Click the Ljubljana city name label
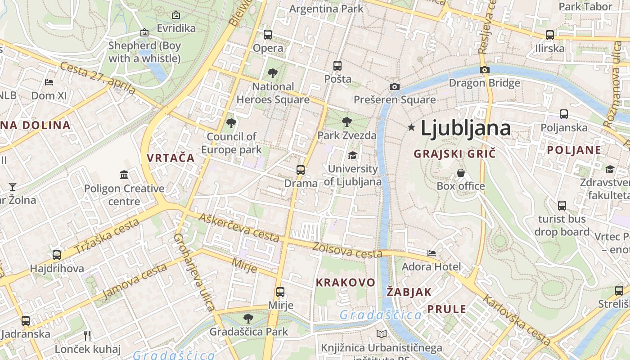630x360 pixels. (x=466, y=128)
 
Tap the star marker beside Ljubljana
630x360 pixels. (x=411, y=127)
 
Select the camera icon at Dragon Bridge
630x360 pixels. (x=485, y=70)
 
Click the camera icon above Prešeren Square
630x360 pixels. (x=394, y=86)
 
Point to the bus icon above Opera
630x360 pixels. (x=268, y=34)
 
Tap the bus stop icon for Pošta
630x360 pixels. (x=337, y=66)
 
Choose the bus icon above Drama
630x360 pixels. (x=301, y=170)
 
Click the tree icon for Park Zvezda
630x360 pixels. (x=346, y=121)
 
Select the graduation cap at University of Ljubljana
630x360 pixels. (x=352, y=155)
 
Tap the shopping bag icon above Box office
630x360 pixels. (x=461, y=173)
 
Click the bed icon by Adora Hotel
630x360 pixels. (x=432, y=253)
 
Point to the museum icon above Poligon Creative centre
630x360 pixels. (x=124, y=175)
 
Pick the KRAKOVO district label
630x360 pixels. (x=345, y=283)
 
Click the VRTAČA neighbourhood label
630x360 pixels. (x=171, y=158)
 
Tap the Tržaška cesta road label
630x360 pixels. (x=107, y=236)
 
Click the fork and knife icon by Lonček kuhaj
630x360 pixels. (x=88, y=335)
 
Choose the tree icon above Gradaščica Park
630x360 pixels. (x=248, y=319)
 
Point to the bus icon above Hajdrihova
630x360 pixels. (x=57, y=255)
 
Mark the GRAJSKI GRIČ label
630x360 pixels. (x=454, y=153)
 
